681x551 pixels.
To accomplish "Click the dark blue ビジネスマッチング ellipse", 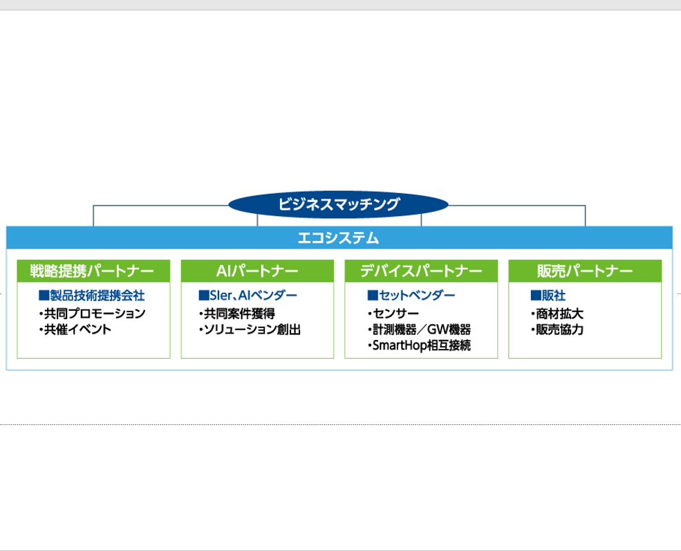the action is point(338,204).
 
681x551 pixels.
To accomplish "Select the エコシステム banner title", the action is point(338,238).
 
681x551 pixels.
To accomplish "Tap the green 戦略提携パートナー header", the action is point(93,271).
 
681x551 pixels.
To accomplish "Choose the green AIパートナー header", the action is point(258,271).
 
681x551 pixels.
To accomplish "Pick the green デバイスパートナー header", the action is point(421,271).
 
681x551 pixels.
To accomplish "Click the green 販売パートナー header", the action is point(585,271).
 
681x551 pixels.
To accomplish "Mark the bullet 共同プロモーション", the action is point(92,314).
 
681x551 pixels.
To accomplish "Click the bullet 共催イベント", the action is point(75,329).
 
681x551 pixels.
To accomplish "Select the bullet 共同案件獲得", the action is point(236,314).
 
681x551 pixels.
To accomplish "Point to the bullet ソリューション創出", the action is point(250,329).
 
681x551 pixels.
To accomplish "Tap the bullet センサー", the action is point(393,314).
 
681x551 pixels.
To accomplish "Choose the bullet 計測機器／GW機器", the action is point(419,329).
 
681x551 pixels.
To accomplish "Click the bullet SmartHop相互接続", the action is point(419,345).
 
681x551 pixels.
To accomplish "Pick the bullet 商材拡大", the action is point(557,314).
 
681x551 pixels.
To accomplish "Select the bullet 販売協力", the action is point(557,329).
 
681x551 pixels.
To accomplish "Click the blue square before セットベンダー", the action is point(373,296).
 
